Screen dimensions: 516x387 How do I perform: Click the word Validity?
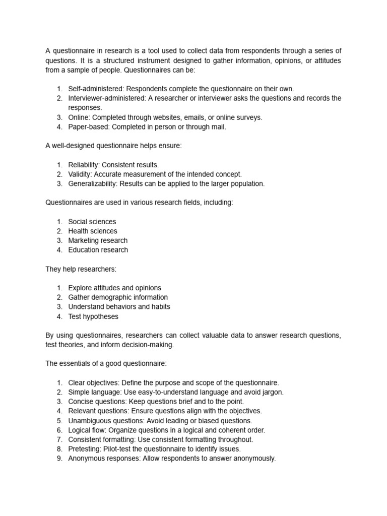tap(80, 174)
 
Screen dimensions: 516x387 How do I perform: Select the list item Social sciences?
tap(92, 222)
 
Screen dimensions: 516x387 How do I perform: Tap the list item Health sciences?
tap(93, 231)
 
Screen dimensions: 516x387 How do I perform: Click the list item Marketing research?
tap(98, 240)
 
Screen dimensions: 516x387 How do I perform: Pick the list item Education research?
tap(98, 250)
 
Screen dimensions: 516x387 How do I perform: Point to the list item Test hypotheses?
tap(93, 316)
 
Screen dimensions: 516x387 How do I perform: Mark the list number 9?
tap(59, 459)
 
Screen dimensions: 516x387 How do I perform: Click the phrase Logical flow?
tap(86, 430)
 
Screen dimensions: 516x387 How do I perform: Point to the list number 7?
tap(59, 439)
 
